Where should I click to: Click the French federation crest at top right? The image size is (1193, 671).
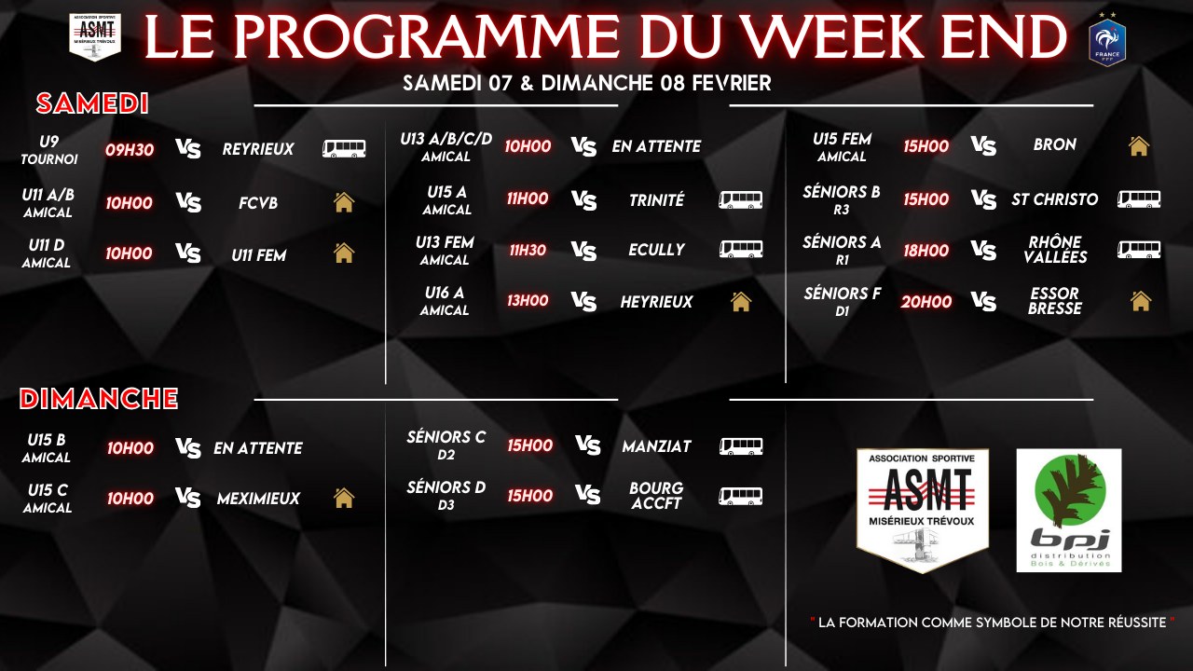pyautogui.click(x=1107, y=40)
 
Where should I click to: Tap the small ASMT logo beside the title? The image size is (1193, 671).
pyautogui.click(x=95, y=37)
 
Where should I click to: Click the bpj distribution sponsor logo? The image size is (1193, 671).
pyautogui.click(x=1069, y=510)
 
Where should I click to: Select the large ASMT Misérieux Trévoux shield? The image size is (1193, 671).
pyautogui.click(x=923, y=510)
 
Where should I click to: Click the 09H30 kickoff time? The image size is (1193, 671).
pyautogui.click(x=130, y=149)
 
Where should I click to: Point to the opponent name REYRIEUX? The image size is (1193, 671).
pyautogui.click(x=258, y=149)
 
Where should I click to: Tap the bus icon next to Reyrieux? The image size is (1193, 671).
pyautogui.click(x=344, y=149)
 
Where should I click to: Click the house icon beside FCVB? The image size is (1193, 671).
pyautogui.click(x=344, y=202)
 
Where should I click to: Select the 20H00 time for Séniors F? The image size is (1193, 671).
pyautogui.click(x=926, y=301)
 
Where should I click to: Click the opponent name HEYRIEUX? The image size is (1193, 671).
pyautogui.click(x=657, y=301)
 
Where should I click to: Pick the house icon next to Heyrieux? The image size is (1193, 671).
pyautogui.click(x=741, y=301)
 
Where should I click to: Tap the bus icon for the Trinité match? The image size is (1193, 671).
pyautogui.click(x=741, y=199)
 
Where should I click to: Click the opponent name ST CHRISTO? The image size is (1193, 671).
pyautogui.click(x=1055, y=199)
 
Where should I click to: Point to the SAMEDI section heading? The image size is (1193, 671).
pyautogui.click(x=92, y=103)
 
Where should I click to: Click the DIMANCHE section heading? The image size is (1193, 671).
pyautogui.click(x=99, y=399)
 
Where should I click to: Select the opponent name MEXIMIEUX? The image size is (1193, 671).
pyautogui.click(x=258, y=499)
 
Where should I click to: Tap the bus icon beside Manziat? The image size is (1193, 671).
pyautogui.click(x=741, y=446)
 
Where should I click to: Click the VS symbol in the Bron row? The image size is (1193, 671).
pyautogui.click(x=983, y=145)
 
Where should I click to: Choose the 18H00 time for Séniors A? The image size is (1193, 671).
pyautogui.click(x=926, y=250)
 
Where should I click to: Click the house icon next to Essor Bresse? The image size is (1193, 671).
pyautogui.click(x=1140, y=301)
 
